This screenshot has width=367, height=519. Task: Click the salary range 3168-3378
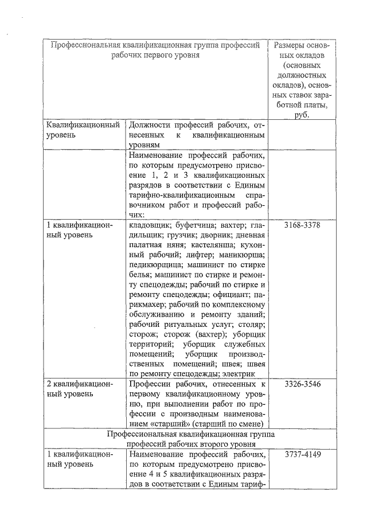[302, 225]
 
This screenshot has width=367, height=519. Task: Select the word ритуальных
[183, 327]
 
